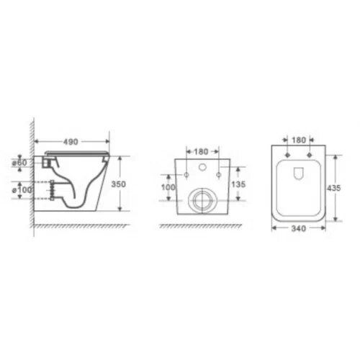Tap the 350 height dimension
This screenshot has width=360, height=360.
(120, 184)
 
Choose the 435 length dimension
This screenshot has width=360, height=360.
(333, 186)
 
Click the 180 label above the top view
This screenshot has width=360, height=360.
(300, 140)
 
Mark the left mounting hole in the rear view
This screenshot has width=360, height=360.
(186, 175)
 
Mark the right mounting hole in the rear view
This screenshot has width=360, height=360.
(220, 175)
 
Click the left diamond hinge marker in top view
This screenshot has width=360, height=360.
(288, 155)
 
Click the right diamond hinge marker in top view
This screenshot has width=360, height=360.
(311, 155)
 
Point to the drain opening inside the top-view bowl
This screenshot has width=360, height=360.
(300, 173)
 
